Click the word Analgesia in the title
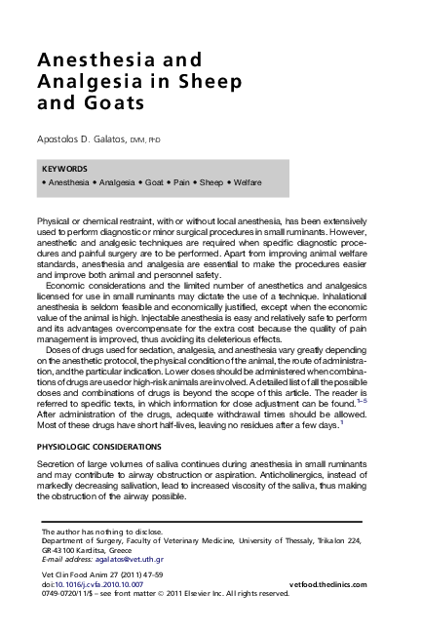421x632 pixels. pyautogui.click(x=83, y=81)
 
